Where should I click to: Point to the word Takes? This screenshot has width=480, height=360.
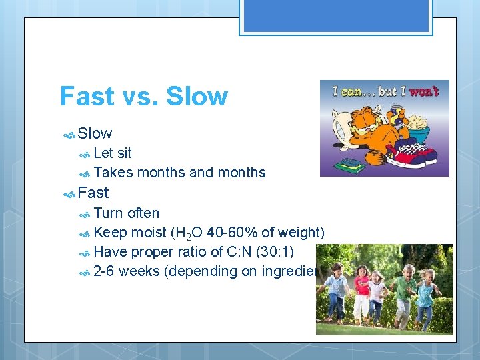coord(114,173)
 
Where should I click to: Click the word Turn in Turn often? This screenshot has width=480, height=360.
coord(109,213)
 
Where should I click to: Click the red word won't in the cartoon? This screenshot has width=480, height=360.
coord(424,91)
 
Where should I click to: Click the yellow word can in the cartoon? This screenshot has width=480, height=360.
coord(351,91)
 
